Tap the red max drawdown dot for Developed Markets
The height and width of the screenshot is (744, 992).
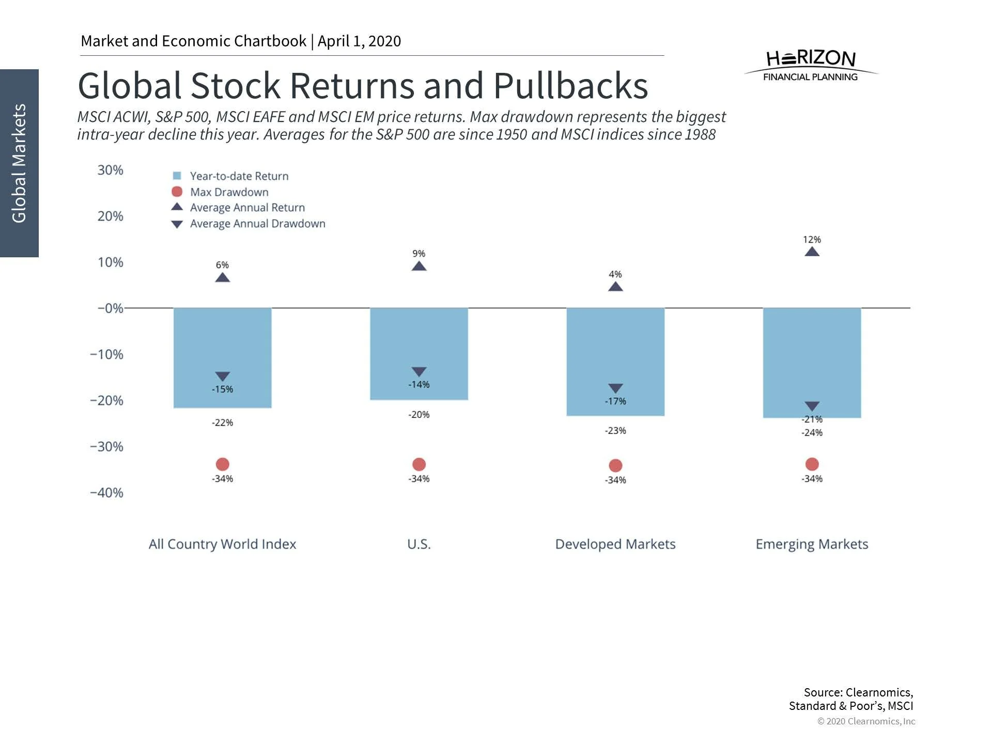(615, 466)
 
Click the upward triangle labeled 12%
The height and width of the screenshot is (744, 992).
(812, 252)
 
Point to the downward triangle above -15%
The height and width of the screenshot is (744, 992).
(222, 376)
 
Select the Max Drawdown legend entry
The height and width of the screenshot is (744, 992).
(229, 192)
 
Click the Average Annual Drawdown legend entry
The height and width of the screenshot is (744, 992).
(257, 224)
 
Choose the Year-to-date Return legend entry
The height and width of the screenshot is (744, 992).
(239, 176)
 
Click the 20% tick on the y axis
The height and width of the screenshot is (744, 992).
(110, 216)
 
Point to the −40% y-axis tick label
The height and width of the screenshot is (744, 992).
(106, 492)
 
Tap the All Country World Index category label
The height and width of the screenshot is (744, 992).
(222, 544)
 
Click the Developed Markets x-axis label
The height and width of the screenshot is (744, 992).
(615, 544)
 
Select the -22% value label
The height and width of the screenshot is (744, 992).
(222, 423)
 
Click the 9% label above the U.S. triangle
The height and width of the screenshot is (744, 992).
(419, 254)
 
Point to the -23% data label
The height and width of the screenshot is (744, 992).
(615, 430)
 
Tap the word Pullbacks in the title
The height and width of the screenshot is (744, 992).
(570, 86)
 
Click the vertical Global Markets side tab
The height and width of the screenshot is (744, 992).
(19, 163)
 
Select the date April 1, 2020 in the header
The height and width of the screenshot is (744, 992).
(359, 41)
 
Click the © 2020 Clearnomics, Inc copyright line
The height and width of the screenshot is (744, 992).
(866, 721)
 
